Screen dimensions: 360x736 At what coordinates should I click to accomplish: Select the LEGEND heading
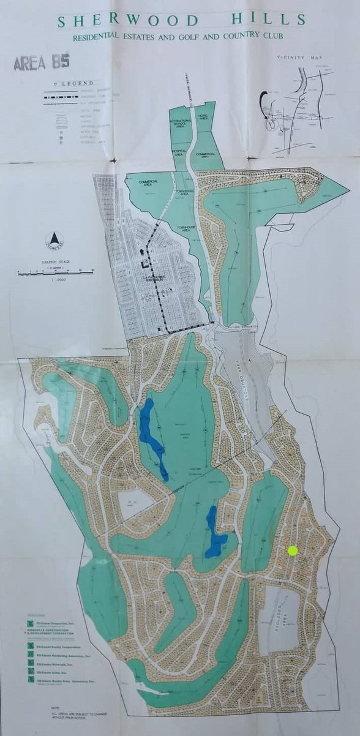(74, 83)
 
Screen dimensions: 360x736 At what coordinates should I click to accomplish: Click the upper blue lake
(153, 437)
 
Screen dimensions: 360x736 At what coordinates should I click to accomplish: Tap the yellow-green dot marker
(293, 550)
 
